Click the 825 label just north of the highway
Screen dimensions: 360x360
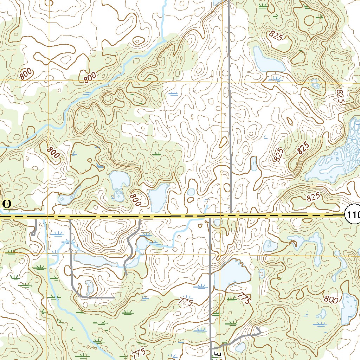tap(314, 198)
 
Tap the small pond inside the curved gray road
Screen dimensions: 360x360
tap(89, 287)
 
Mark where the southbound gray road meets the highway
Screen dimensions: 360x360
tap(210, 217)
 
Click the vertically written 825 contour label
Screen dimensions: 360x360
tap(340, 96)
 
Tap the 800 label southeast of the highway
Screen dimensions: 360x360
tap(331, 300)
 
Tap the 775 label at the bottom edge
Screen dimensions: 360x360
tap(138, 353)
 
